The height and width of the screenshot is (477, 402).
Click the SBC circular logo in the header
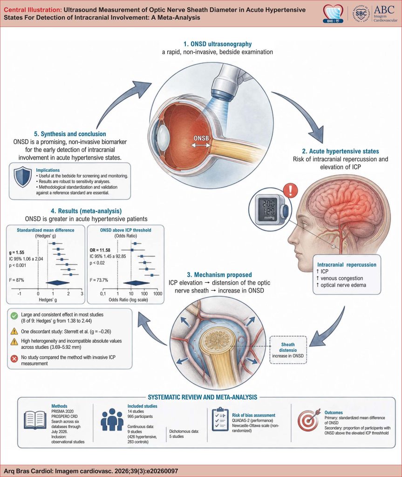[x=361, y=14]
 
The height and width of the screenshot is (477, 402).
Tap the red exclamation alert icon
[x=291, y=191]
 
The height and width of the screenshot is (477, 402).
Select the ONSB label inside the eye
[x=201, y=138]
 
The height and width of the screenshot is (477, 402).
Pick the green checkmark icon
[x=14, y=316]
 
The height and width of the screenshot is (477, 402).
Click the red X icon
[x=14, y=359]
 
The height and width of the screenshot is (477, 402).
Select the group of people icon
[x=112, y=421]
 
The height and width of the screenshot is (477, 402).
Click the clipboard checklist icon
[x=220, y=420]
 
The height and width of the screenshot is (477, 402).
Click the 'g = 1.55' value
[x=17, y=252]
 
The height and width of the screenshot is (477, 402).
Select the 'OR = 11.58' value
[x=100, y=250]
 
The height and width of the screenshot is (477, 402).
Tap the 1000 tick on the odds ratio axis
[x=157, y=293]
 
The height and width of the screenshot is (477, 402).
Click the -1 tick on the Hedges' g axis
[x=19, y=293]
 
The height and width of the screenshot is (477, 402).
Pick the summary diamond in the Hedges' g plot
[x=58, y=283]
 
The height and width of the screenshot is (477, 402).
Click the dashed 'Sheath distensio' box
[x=288, y=349]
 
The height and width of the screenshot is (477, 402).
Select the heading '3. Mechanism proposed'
[x=219, y=275]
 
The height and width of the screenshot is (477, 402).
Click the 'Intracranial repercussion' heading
[x=347, y=265]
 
